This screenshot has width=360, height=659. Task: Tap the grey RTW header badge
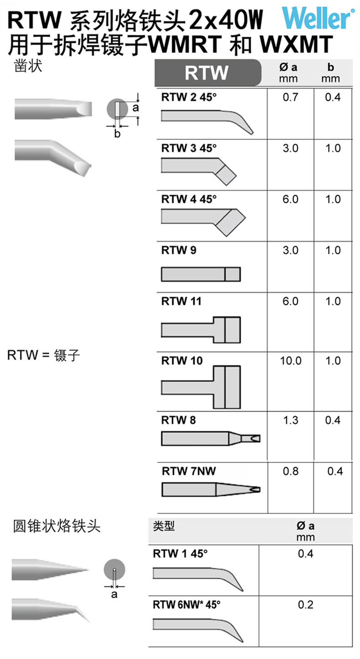point(208,72)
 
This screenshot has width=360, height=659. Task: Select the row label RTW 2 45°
point(189,97)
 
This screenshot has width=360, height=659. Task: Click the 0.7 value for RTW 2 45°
point(290,98)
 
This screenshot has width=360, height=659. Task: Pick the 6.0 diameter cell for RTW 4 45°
point(290,199)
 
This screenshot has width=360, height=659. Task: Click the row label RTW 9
point(179,250)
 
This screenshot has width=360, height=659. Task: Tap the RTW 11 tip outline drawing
point(201,330)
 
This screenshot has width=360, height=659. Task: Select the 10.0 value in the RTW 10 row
point(291,360)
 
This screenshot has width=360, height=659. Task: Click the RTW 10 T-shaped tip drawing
point(201,387)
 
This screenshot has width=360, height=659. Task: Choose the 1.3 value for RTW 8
point(291,420)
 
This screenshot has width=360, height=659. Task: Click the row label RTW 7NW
point(189,471)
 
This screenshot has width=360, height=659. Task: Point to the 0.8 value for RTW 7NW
point(291,471)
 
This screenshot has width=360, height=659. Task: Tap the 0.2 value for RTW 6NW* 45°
point(306,605)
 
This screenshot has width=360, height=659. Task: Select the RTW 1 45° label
point(180,554)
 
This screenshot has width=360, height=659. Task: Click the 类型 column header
point(164,526)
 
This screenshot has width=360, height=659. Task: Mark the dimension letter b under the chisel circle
point(118,134)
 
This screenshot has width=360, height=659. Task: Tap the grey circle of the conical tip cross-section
point(114,570)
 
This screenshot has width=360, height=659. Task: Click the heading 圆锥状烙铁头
point(57,526)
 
